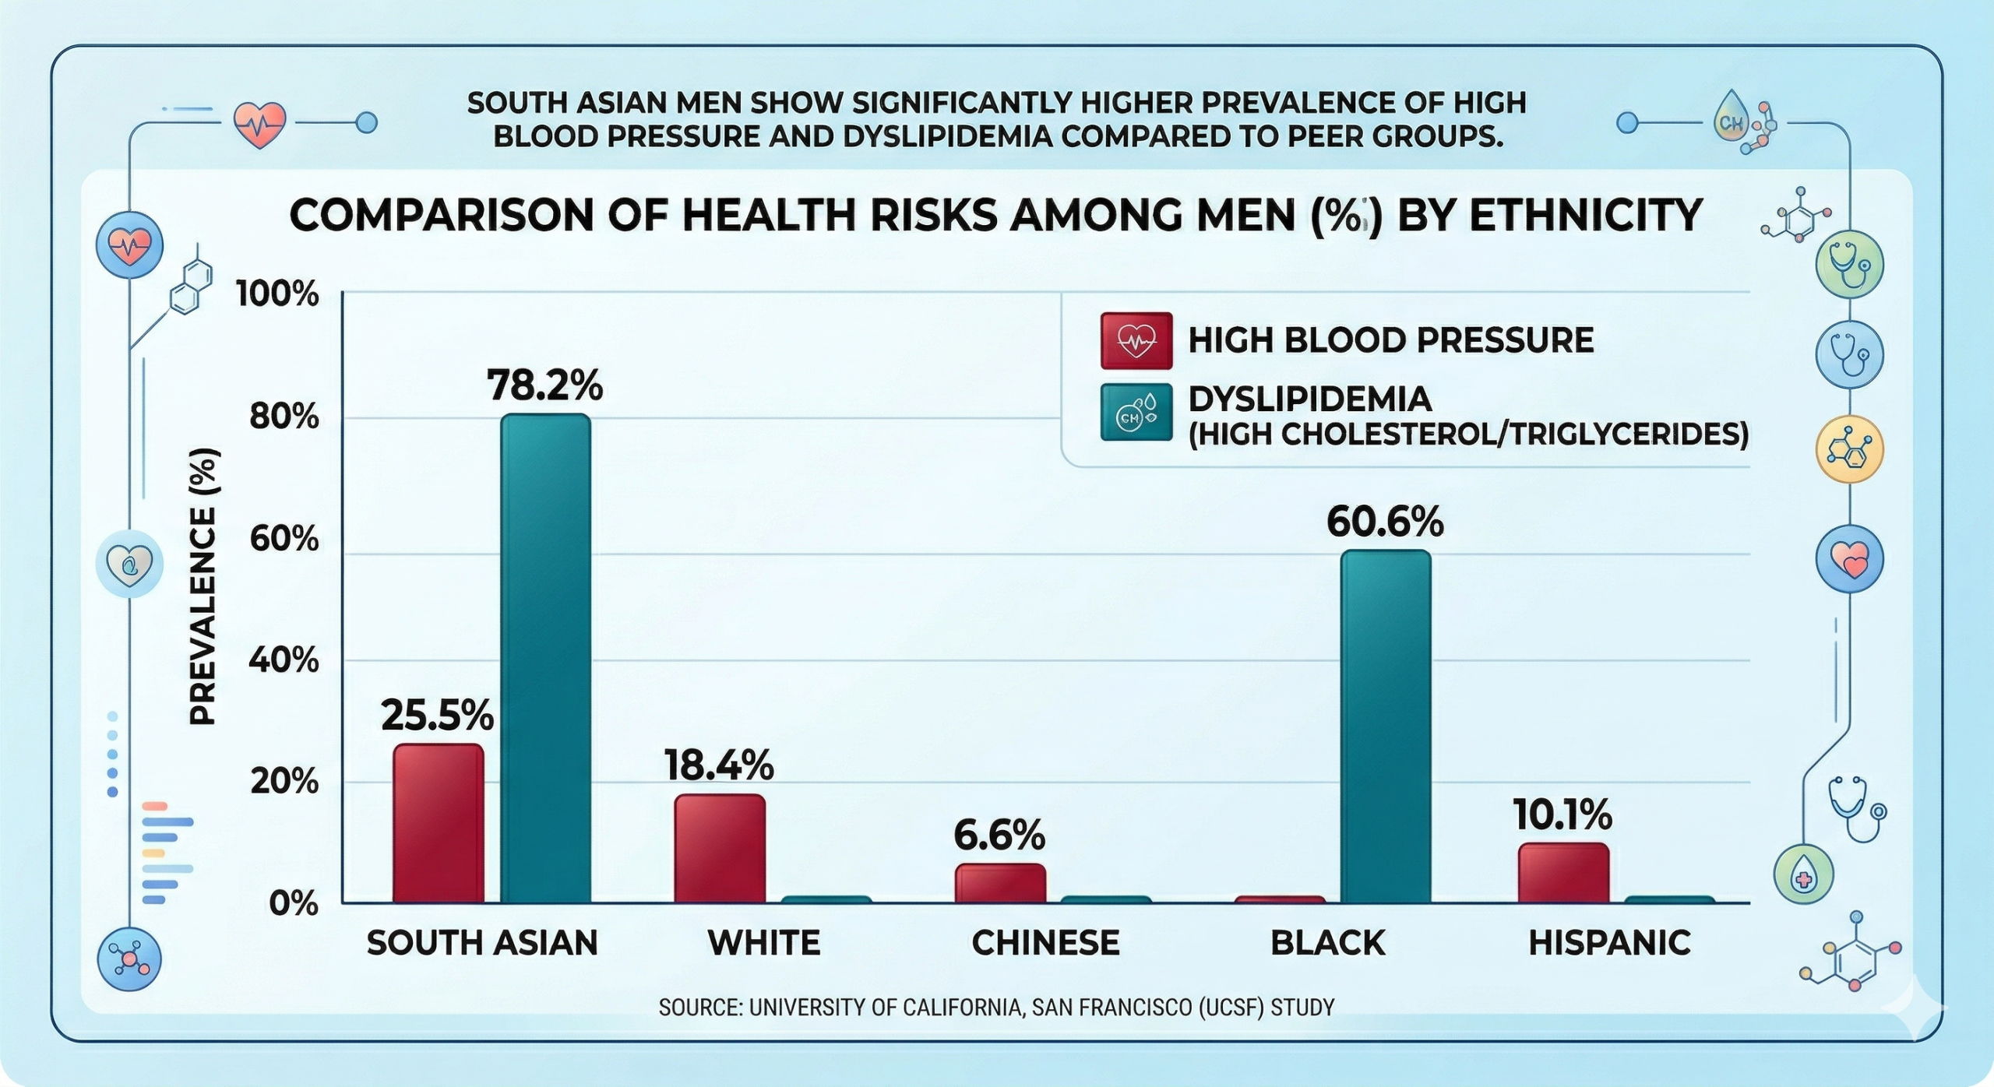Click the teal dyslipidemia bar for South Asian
coord(545,658)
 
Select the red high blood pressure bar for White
coord(720,848)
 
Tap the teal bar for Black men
coord(1386,726)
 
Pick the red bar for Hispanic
coord(1563,872)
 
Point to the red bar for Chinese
coord(1000,883)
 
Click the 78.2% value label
coord(544,385)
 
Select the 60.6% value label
coord(1385,522)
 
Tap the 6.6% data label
coord(999,835)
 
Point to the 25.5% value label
coord(437,715)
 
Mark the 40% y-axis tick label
coord(284,661)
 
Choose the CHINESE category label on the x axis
coord(1045,943)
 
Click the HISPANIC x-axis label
coord(1609,943)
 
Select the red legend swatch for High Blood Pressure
coord(1136,340)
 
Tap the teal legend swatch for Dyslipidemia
coord(1136,412)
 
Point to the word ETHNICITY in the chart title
coord(1585,216)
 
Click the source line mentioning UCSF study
coord(996,1008)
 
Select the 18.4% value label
coord(719,765)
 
